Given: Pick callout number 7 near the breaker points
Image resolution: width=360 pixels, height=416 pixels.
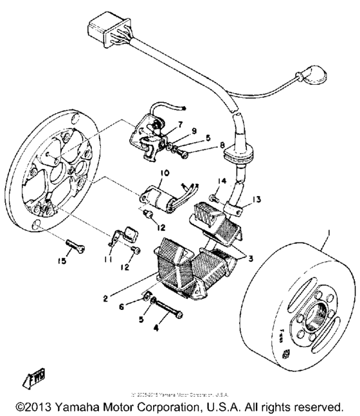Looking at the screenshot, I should point(181,123).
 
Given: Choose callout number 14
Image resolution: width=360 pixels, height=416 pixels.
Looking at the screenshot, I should point(220,181).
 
